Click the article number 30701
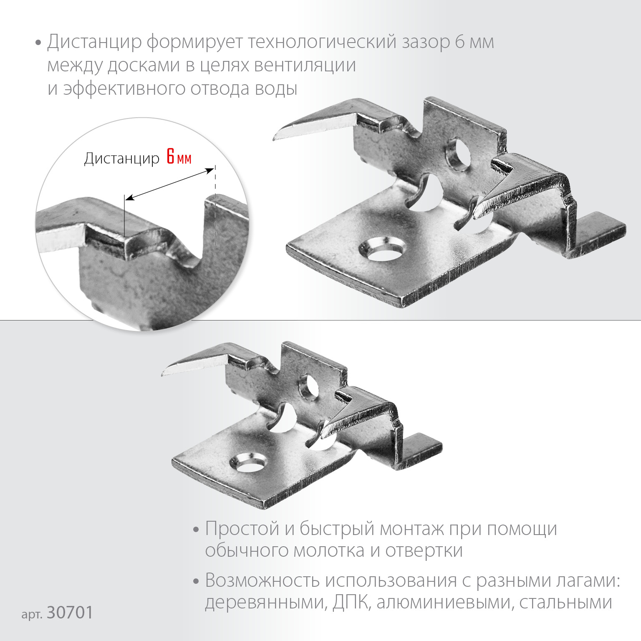[x=70, y=613]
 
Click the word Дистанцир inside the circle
[x=121, y=159]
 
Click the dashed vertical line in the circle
[x=215, y=209]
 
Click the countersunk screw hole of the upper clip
[x=382, y=250]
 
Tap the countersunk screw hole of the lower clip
[x=247, y=464]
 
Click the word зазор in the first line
[x=425, y=42]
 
